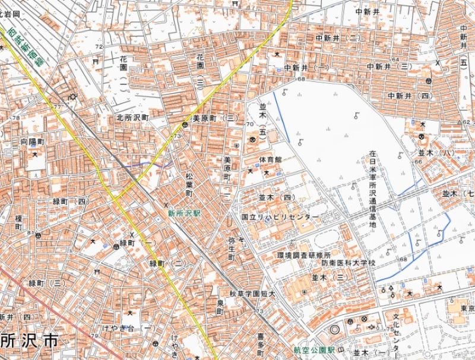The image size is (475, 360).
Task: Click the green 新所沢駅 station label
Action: (x=184, y=212)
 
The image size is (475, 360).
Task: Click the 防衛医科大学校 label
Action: (x=349, y=262)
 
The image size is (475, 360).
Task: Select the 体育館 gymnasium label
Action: (x=270, y=160)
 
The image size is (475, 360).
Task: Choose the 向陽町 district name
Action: (x=33, y=143)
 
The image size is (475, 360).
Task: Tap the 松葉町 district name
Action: (x=189, y=185)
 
